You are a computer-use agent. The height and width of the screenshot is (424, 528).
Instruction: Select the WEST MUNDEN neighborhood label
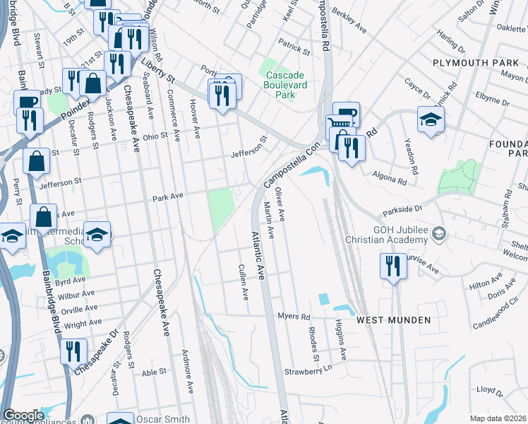(x=393, y=320)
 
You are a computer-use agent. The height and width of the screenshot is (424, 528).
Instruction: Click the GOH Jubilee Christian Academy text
(x=409, y=239)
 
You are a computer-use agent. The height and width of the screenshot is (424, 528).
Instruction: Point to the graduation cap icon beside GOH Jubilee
(x=438, y=233)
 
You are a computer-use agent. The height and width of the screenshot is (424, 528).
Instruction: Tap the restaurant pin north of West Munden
(x=390, y=266)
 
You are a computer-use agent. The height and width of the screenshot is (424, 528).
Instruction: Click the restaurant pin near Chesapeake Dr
(x=73, y=351)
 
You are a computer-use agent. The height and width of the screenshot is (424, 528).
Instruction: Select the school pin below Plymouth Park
(x=430, y=119)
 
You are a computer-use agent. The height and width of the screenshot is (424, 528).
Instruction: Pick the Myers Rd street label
(x=294, y=316)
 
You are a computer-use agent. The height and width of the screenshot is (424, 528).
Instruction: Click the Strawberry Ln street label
(x=308, y=370)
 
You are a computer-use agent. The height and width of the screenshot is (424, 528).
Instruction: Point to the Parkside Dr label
(x=402, y=209)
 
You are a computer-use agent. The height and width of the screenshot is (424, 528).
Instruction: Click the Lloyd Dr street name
(x=489, y=389)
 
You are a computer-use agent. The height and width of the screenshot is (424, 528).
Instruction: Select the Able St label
(x=153, y=371)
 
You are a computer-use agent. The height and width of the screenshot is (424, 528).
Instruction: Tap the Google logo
(x=23, y=416)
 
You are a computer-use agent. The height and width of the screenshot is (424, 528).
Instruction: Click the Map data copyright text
(x=498, y=418)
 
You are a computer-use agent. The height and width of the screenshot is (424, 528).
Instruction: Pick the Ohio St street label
(x=156, y=137)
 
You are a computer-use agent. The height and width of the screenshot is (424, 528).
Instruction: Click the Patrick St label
(x=294, y=47)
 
